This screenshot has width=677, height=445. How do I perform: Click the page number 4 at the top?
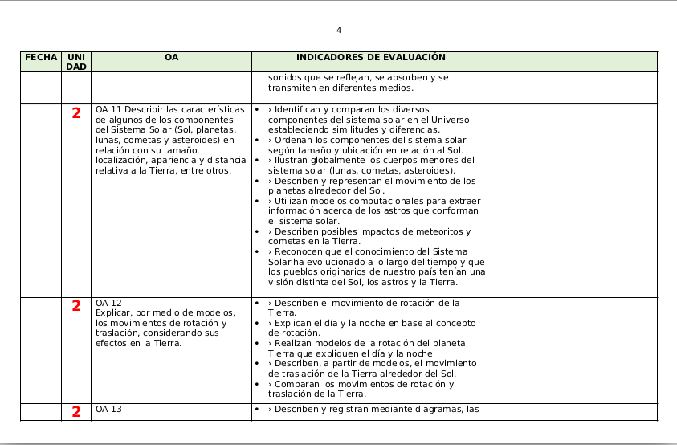[339, 31]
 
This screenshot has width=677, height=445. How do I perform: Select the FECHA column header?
[41, 58]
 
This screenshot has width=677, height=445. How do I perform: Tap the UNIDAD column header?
[76, 62]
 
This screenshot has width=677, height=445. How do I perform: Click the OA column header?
[171, 58]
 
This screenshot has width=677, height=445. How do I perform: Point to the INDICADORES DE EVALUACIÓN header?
[370, 58]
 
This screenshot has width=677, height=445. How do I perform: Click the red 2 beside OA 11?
[76, 114]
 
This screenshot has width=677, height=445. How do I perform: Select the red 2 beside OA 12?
[76, 306]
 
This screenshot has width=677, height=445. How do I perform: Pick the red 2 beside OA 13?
[76, 412]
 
